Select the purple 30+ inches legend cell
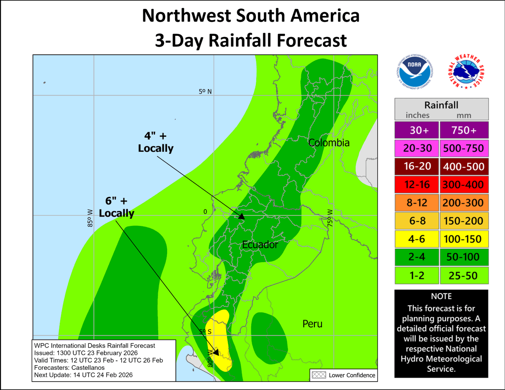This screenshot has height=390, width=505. tap(416, 130)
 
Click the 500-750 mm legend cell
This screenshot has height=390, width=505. tap(464, 149)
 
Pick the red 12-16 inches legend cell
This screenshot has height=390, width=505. tap(416, 185)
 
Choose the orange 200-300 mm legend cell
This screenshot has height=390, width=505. tap(464, 203)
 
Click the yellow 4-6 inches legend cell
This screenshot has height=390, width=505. tap(416, 239)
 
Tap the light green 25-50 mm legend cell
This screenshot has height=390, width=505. tap(464, 276)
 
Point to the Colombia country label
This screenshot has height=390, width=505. tap(329, 143)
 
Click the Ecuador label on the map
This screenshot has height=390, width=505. tap(260, 244)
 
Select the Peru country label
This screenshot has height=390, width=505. tap(312, 324)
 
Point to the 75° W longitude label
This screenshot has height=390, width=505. tap(330, 218)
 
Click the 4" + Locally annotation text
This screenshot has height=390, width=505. tap(155, 142)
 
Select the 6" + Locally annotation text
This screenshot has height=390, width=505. tap(117, 207)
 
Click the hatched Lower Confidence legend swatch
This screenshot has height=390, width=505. tap(319, 375)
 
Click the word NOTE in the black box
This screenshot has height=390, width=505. tap(441, 297)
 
